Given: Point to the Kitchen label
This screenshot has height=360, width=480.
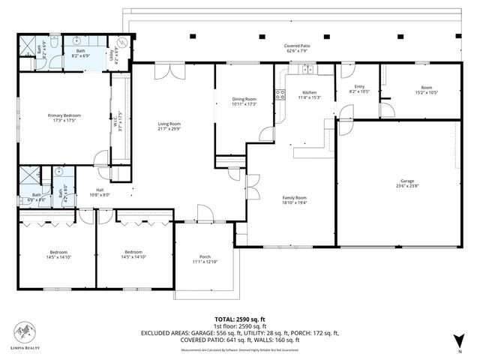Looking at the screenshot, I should [309, 92].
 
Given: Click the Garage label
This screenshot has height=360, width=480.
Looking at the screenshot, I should [406, 181].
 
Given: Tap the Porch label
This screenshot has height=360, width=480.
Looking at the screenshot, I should [204, 257].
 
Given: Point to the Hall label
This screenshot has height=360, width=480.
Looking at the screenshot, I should [100, 190].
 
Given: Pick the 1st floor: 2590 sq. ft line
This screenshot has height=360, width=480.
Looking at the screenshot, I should [239, 326].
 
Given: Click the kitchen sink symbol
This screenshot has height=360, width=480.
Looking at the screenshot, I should [307, 70].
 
